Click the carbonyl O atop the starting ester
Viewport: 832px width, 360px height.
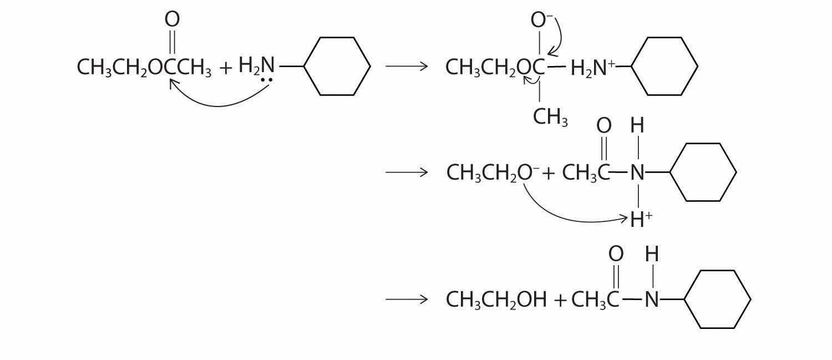[172, 19]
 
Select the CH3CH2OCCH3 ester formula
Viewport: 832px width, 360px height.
[144, 68]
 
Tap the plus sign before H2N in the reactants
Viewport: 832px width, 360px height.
[226, 68]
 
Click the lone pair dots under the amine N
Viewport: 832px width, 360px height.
[267, 80]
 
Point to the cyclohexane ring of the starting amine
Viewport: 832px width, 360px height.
[337, 67]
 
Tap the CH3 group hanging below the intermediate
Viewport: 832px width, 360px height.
[550, 116]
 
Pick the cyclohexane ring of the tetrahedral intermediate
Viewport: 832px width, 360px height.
[664, 67]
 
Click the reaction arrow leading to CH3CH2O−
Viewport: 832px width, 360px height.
[407, 173]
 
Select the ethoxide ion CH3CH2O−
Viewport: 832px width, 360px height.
[492, 173]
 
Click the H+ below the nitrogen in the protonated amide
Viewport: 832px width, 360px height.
[641, 220]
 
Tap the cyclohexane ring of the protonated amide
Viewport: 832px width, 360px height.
[703, 172]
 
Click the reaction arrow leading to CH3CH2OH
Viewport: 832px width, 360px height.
[407, 300]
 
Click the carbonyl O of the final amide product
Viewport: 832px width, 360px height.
[616, 254]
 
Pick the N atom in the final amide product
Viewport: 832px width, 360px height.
[652, 300]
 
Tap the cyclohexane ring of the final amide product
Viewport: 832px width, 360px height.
[718, 300]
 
